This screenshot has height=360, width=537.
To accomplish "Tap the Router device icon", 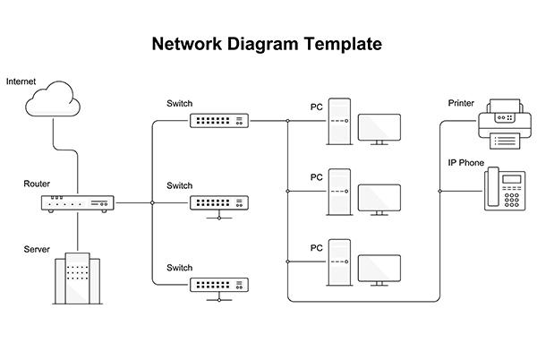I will click(x=78, y=203).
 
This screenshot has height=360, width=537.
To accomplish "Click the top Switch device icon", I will click(x=218, y=120).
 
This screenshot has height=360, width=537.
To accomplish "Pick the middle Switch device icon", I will click(x=218, y=203).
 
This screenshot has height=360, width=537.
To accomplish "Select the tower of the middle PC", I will click(x=338, y=191).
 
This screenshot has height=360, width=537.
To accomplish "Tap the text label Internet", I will click(x=21, y=81).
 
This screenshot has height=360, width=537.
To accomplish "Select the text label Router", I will click(x=37, y=184).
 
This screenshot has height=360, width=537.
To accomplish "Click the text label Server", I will click(x=37, y=249).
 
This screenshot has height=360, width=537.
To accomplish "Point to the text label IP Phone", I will click(x=465, y=163).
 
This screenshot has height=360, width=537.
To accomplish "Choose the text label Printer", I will click(x=461, y=104).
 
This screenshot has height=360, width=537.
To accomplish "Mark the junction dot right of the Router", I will click(x=152, y=203).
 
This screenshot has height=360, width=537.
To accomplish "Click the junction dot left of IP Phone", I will click(x=439, y=191).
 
